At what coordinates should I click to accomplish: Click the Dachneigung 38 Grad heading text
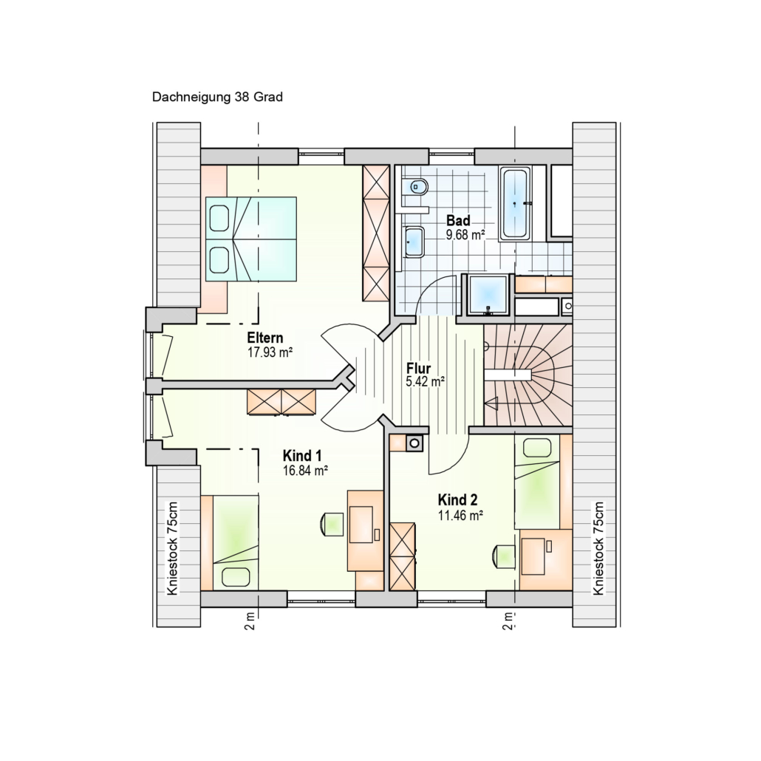click(217, 97)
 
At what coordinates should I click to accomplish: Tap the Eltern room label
click(265, 338)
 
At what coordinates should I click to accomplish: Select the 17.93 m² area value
click(270, 352)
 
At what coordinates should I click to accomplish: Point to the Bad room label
click(458, 221)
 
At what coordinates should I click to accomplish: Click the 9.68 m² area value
click(466, 236)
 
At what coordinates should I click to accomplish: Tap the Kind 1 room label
click(302, 456)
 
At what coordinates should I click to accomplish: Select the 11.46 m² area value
click(460, 515)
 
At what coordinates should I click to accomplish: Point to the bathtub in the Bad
click(514, 204)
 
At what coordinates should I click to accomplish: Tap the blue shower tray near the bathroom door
click(488, 295)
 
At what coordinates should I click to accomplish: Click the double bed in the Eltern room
click(251, 239)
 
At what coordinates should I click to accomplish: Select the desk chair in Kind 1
click(332, 524)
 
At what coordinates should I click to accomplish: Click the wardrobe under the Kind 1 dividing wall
click(281, 401)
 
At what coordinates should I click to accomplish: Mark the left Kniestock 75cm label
click(172, 548)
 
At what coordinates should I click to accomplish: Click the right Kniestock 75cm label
click(598, 548)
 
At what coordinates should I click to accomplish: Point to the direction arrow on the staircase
click(491, 403)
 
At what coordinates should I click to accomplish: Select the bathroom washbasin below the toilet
click(414, 241)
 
